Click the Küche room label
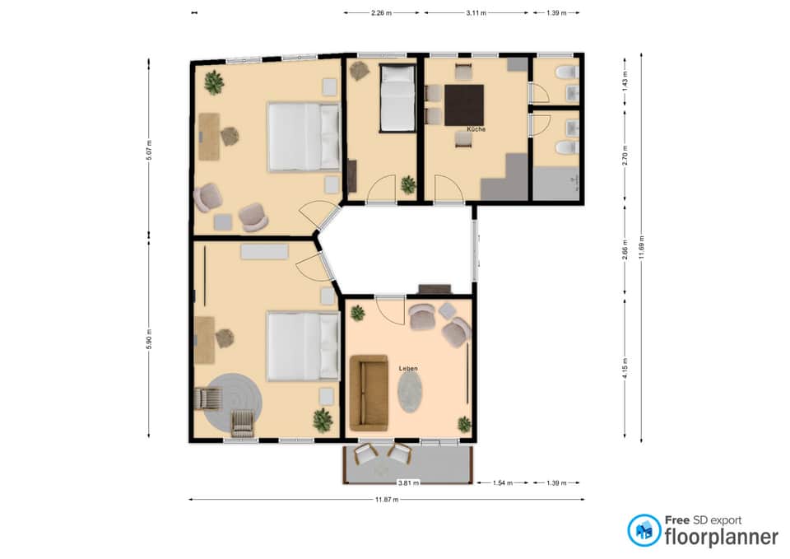tap(476, 129)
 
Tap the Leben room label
tap(408, 369)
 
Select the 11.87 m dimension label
tap(387, 500)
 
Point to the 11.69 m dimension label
tap(641, 248)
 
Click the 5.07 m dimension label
tap(149, 150)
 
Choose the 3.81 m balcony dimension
tap(408, 483)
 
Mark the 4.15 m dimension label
tap(625, 369)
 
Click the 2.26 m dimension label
tap(381, 13)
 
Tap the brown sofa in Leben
tap(369, 394)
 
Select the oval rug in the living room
tap(410, 392)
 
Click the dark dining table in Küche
tap(464, 105)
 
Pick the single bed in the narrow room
tap(397, 98)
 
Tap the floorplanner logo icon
tap(644, 530)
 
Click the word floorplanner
tap(722, 537)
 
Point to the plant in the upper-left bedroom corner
tap(214, 82)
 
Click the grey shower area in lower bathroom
tap(556, 184)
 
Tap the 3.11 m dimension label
tap(476, 13)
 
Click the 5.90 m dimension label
tap(149, 338)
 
